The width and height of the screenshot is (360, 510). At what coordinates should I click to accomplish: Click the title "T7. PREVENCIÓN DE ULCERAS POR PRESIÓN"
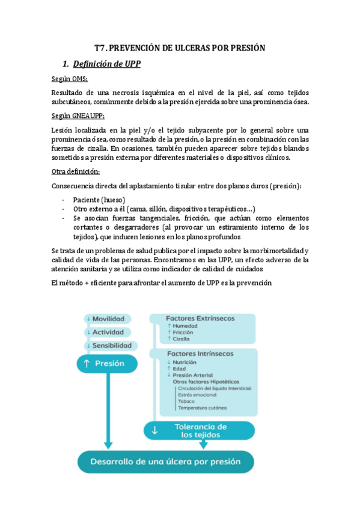tap(180, 48)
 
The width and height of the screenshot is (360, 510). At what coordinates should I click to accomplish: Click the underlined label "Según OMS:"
tap(69, 79)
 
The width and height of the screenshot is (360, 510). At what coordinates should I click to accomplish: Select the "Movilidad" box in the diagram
tap(108, 318)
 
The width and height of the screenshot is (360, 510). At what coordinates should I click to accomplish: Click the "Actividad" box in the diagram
tap(108, 332)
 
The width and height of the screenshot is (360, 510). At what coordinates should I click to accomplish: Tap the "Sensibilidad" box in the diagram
tap(108, 346)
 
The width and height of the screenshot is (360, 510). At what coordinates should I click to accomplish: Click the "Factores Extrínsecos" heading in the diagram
tap(200, 318)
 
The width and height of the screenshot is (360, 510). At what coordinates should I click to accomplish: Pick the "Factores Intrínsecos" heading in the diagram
tap(200, 354)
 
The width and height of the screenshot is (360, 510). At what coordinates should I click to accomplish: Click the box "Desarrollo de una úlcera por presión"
tap(165, 462)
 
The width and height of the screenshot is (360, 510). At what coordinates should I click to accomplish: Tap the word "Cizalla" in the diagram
tap(183, 339)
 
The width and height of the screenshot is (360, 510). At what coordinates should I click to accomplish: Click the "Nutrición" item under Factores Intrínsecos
tap(185, 363)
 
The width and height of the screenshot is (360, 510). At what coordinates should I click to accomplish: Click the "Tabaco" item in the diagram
tap(186, 401)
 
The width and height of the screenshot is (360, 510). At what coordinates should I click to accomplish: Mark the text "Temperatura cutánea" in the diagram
tap(203, 408)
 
